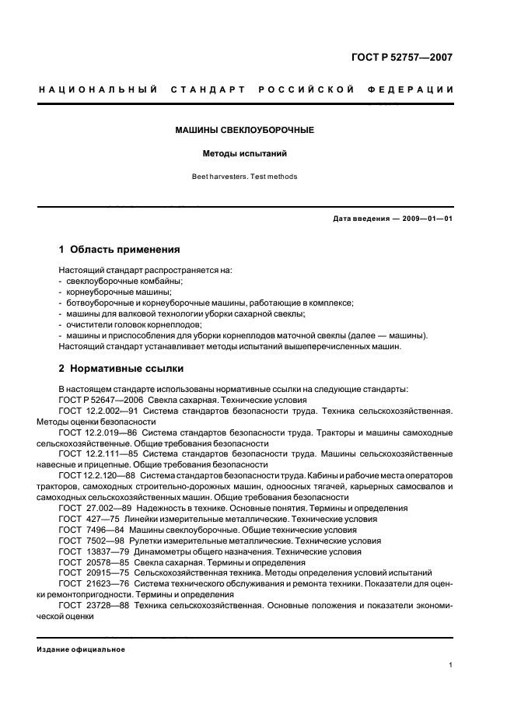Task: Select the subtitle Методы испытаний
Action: click(244, 154)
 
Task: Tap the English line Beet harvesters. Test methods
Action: click(244, 177)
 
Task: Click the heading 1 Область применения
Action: click(120, 250)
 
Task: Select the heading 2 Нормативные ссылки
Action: click(121, 369)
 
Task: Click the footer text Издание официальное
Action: click(81, 649)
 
